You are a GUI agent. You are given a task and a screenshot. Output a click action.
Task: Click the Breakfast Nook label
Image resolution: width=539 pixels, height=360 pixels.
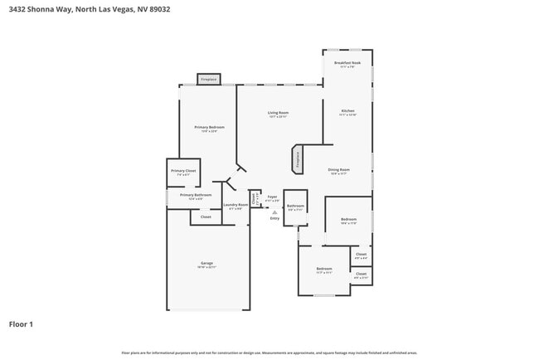pyautogui.click(x=347, y=63)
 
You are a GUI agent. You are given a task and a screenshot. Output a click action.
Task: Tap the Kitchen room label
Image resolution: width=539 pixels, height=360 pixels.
pyautogui.click(x=347, y=111)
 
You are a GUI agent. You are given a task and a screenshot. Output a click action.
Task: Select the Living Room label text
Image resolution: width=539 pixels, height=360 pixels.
pyautogui.click(x=278, y=113)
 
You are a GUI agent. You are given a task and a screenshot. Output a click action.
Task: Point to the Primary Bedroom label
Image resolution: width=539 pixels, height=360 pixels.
pyautogui.click(x=209, y=128)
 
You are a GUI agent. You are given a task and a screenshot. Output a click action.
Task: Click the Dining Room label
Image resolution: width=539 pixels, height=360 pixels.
pyautogui.click(x=340, y=170)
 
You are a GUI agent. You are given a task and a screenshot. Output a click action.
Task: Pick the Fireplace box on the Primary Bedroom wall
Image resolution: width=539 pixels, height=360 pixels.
pyautogui.click(x=208, y=80)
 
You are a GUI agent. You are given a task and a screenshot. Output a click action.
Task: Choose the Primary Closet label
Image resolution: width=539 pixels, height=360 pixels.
pyautogui.click(x=183, y=171)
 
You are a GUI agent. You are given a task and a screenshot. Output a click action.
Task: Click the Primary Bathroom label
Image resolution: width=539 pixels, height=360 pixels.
pyautogui.click(x=196, y=195)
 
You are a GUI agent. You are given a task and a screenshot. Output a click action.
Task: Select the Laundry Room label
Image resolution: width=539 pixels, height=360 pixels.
pyautogui.click(x=236, y=206)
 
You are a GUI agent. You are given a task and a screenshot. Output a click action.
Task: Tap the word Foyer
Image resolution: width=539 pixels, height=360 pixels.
pyautogui.click(x=272, y=197)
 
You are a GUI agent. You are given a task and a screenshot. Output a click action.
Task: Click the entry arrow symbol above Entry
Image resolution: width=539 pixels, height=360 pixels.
pyautogui.click(x=274, y=212)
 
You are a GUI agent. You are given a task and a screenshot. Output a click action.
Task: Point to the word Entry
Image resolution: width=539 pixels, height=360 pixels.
pyautogui.click(x=274, y=217)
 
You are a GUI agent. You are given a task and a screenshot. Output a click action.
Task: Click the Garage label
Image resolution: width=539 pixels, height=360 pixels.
pyautogui.click(x=206, y=264)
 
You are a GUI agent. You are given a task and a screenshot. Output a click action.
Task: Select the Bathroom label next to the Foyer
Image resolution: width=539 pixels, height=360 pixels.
pyautogui.click(x=295, y=206)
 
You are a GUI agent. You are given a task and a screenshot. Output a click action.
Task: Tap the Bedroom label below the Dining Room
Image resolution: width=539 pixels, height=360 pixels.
pyautogui.click(x=348, y=219)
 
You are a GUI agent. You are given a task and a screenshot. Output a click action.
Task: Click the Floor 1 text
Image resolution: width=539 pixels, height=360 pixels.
pyautogui.click(x=21, y=324)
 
